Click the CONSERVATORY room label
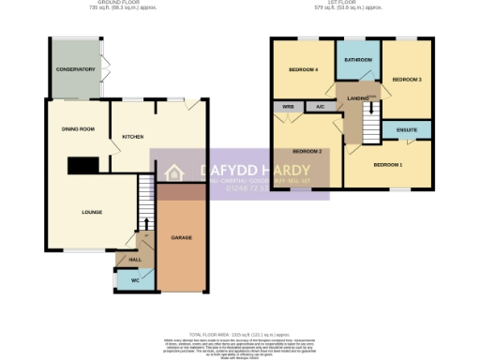coord(76,69)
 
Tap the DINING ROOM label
coord(78,128)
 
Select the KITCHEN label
coord(132,137)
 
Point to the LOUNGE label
coord(91,212)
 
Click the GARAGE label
coord(181,238)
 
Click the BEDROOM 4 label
coord(303,70)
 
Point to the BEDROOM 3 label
coord(406,80)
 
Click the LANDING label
coord(357,97)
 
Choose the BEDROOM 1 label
coord(387,165)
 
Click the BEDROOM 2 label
coord(307,151)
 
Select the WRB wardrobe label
coord(286,108)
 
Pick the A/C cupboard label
coord(320,108)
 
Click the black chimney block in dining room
coord(83,166)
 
